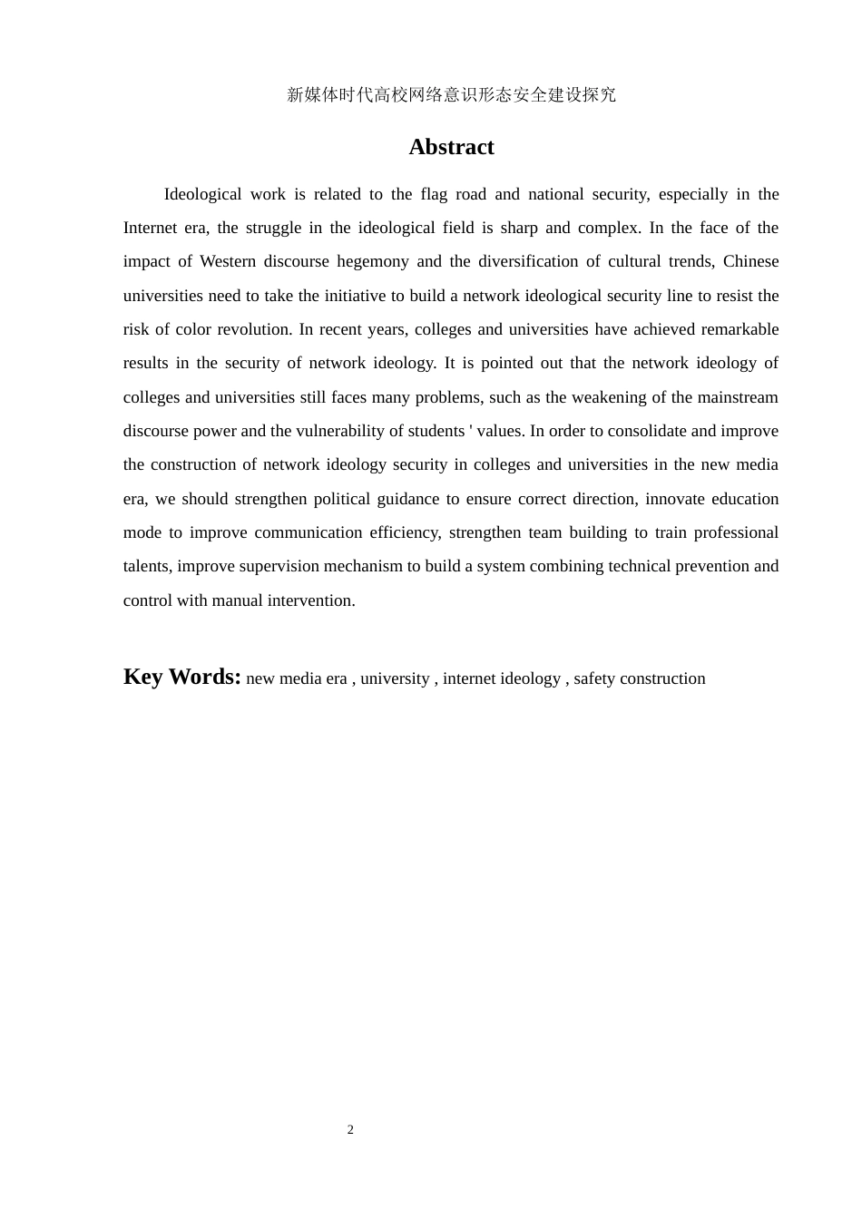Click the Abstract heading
click(451, 147)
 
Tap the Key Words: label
click(181, 677)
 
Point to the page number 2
click(350, 1129)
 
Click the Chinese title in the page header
click(451, 94)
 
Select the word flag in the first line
click(435, 194)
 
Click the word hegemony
click(373, 261)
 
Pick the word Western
click(228, 261)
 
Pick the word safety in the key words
click(594, 678)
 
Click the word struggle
click(274, 228)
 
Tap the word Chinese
click(750, 261)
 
